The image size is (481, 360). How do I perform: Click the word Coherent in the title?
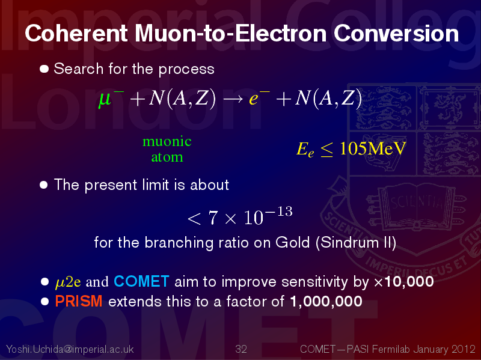[x=76, y=33]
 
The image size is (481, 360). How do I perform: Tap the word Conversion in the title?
[x=396, y=33]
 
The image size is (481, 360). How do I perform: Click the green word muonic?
[x=167, y=141]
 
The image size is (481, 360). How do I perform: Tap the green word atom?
[x=167, y=157]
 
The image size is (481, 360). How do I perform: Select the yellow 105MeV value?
[x=373, y=148]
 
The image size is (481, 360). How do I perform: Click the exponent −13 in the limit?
[x=280, y=212]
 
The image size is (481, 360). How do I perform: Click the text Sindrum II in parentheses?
[x=356, y=243]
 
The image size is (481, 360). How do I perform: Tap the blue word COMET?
[x=141, y=281]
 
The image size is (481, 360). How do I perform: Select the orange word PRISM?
[x=79, y=301]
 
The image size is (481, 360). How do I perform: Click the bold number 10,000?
[x=409, y=281]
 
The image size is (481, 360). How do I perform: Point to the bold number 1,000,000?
[x=326, y=301]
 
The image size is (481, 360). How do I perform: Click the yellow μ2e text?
[x=68, y=282]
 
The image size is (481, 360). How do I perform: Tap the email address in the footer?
[x=70, y=349]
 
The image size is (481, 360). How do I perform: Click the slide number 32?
[x=241, y=349]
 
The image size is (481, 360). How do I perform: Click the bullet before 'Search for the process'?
[x=44, y=69]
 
